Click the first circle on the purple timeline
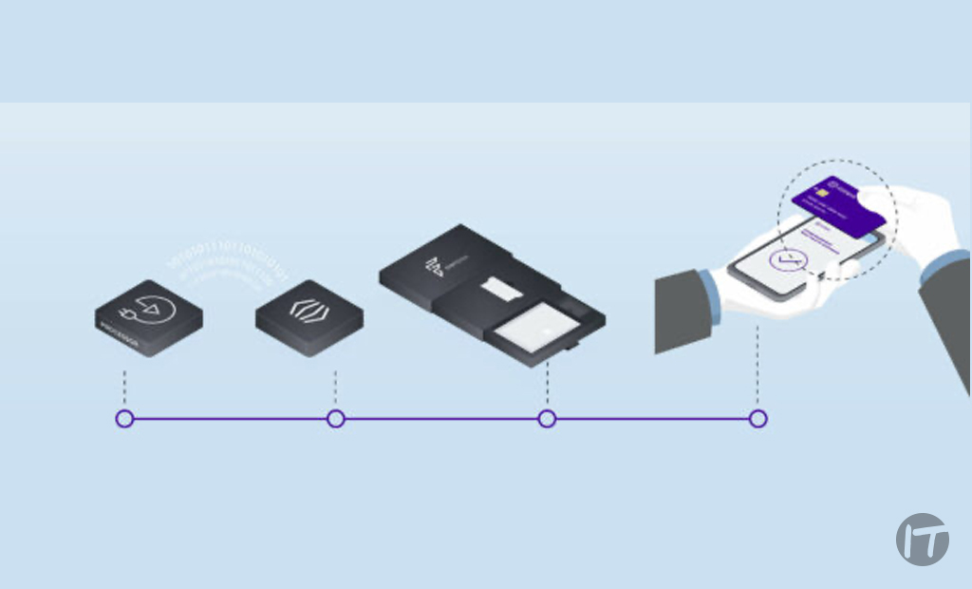pyautogui.click(x=124, y=418)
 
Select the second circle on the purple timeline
pyautogui.click(x=335, y=418)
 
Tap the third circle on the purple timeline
pyautogui.click(x=547, y=418)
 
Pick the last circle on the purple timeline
pyautogui.click(x=757, y=418)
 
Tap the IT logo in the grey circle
pyautogui.click(x=922, y=540)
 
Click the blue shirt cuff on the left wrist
pyautogui.click(x=710, y=290)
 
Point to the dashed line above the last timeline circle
pyautogui.click(x=757, y=366)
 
